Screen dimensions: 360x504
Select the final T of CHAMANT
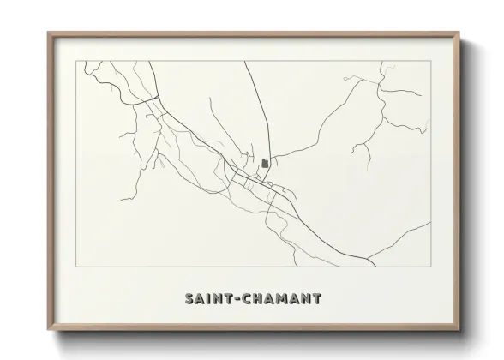point(317,299)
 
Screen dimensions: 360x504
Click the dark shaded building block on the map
point(265,162)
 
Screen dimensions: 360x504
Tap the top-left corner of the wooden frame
point(49,33)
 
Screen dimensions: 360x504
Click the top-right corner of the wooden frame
point(459,33)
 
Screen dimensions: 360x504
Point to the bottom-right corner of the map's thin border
point(430,267)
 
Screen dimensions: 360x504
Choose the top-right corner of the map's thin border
point(430,61)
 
